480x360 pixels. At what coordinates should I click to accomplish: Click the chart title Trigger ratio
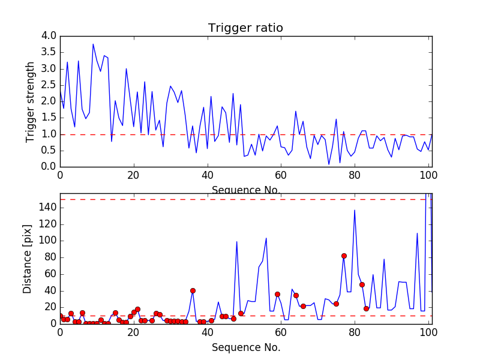click(245, 28)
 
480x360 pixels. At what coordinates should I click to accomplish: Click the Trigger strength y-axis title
click(31, 101)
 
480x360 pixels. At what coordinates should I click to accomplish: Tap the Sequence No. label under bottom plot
click(246, 347)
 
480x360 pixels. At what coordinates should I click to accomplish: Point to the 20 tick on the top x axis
click(133, 175)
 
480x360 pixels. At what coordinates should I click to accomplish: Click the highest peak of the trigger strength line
click(93, 44)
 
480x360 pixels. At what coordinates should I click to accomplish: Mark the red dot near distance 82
click(344, 256)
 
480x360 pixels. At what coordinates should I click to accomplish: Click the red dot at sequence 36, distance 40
click(193, 290)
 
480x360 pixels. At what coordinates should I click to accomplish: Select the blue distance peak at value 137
click(355, 210)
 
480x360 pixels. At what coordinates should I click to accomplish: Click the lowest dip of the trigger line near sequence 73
click(329, 164)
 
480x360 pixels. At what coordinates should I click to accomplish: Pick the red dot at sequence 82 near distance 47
click(362, 284)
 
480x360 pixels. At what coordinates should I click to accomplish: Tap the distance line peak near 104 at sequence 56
click(266, 238)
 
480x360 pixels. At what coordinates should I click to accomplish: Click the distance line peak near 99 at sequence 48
click(237, 241)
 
